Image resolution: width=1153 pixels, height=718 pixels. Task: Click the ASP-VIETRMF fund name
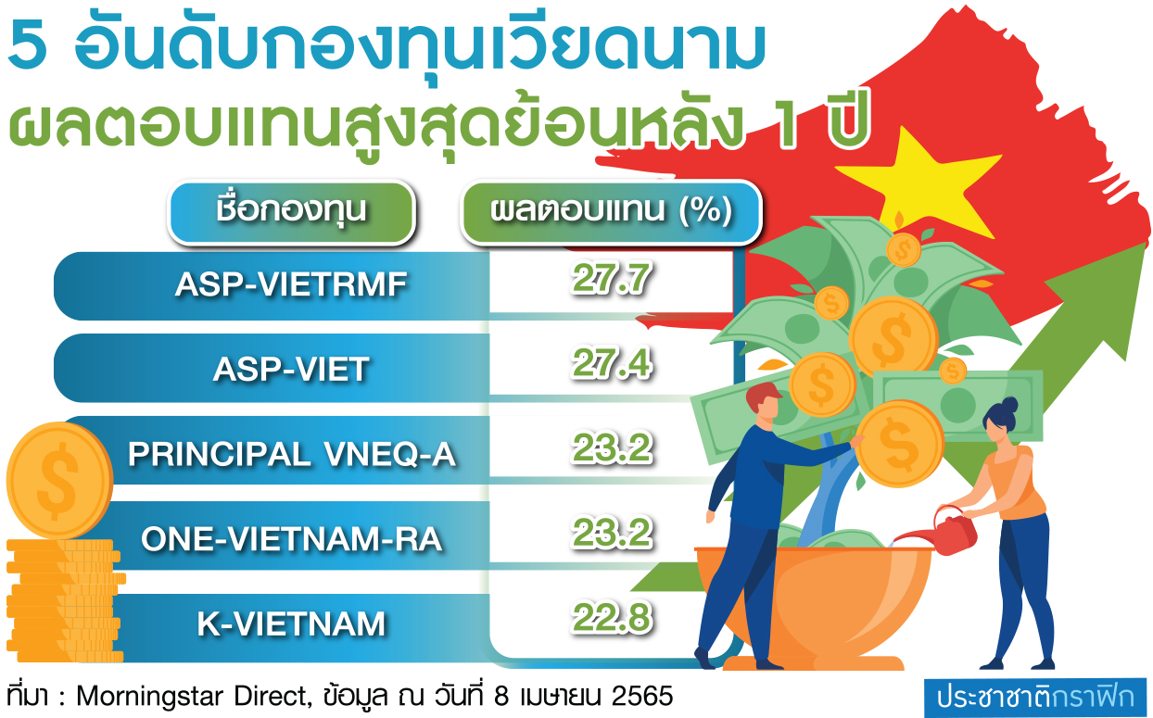pyautogui.click(x=291, y=284)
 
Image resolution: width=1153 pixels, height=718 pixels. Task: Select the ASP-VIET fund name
pyautogui.click(x=291, y=369)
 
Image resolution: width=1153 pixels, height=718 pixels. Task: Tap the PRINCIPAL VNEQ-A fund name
pyautogui.click(x=292, y=455)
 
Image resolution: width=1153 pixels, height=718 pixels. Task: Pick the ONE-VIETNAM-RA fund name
pyautogui.click(x=292, y=539)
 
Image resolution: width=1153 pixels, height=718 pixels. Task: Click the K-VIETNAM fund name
pyautogui.click(x=291, y=624)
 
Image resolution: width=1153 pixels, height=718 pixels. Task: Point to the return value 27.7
pyautogui.click(x=611, y=279)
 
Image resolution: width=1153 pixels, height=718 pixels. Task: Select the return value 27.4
pyautogui.click(x=611, y=363)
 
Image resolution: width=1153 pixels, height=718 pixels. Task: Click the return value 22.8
pyautogui.click(x=612, y=617)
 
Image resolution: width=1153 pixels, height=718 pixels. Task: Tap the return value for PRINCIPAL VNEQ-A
pyautogui.click(x=612, y=447)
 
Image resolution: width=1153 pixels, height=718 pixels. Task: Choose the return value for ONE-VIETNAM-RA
pyautogui.click(x=612, y=533)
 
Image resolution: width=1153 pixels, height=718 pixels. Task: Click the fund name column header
pyautogui.click(x=291, y=211)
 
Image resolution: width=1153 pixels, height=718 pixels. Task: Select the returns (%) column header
pyautogui.click(x=611, y=211)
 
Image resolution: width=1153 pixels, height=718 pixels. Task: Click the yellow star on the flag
pyautogui.click(x=919, y=182)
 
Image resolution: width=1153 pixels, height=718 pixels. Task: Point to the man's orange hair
pyautogui.click(x=762, y=396)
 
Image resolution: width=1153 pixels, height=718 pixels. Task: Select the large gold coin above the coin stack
pyautogui.click(x=59, y=481)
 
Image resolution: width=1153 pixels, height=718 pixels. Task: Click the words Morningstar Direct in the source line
pyautogui.click(x=191, y=697)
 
